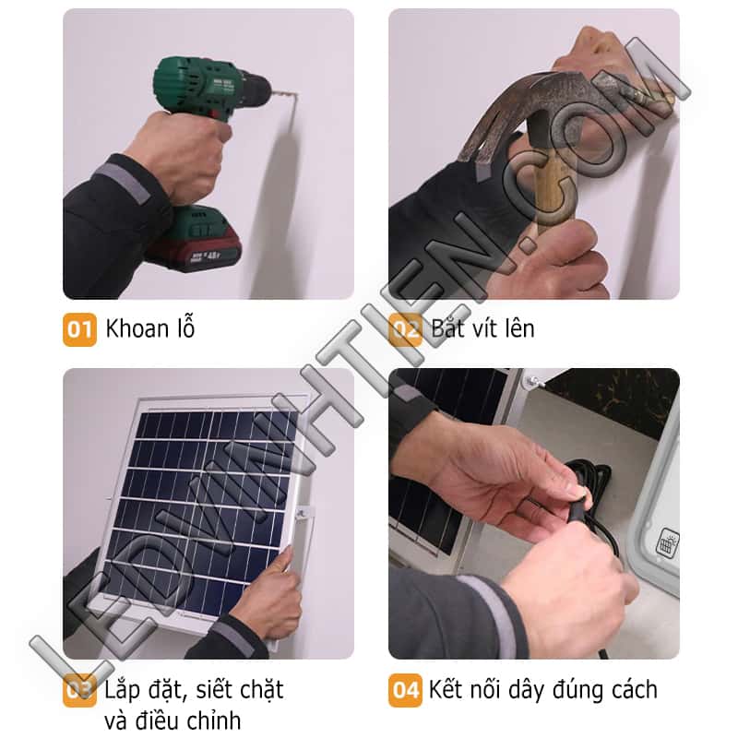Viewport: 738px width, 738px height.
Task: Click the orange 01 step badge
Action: click(79, 329)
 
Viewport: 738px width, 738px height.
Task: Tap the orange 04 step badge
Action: click(405, 690)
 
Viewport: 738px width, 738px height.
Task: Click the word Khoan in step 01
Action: click(137, 328)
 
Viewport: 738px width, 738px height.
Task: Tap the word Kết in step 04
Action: click(446, 689)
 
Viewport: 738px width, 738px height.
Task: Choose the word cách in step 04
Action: click(635, 690)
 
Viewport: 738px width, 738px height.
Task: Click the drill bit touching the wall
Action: click(284, 93)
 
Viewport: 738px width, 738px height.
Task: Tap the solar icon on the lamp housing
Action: click(667, 542)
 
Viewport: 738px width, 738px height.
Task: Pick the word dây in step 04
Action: click(524, 690)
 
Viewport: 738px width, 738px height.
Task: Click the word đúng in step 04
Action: click(578, 690)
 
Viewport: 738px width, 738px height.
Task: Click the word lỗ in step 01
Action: click(186, 327)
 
